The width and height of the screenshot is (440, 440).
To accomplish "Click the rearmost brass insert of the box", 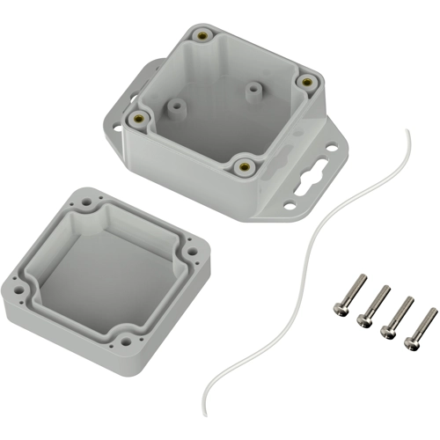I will [202, 35].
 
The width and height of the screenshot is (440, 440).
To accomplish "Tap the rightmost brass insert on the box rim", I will [307, 81].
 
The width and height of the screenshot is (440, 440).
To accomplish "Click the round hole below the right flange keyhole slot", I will [290, 207].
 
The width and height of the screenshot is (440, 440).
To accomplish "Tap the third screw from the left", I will [396, 315].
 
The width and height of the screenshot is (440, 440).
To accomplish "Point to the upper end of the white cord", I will [407, 132].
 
